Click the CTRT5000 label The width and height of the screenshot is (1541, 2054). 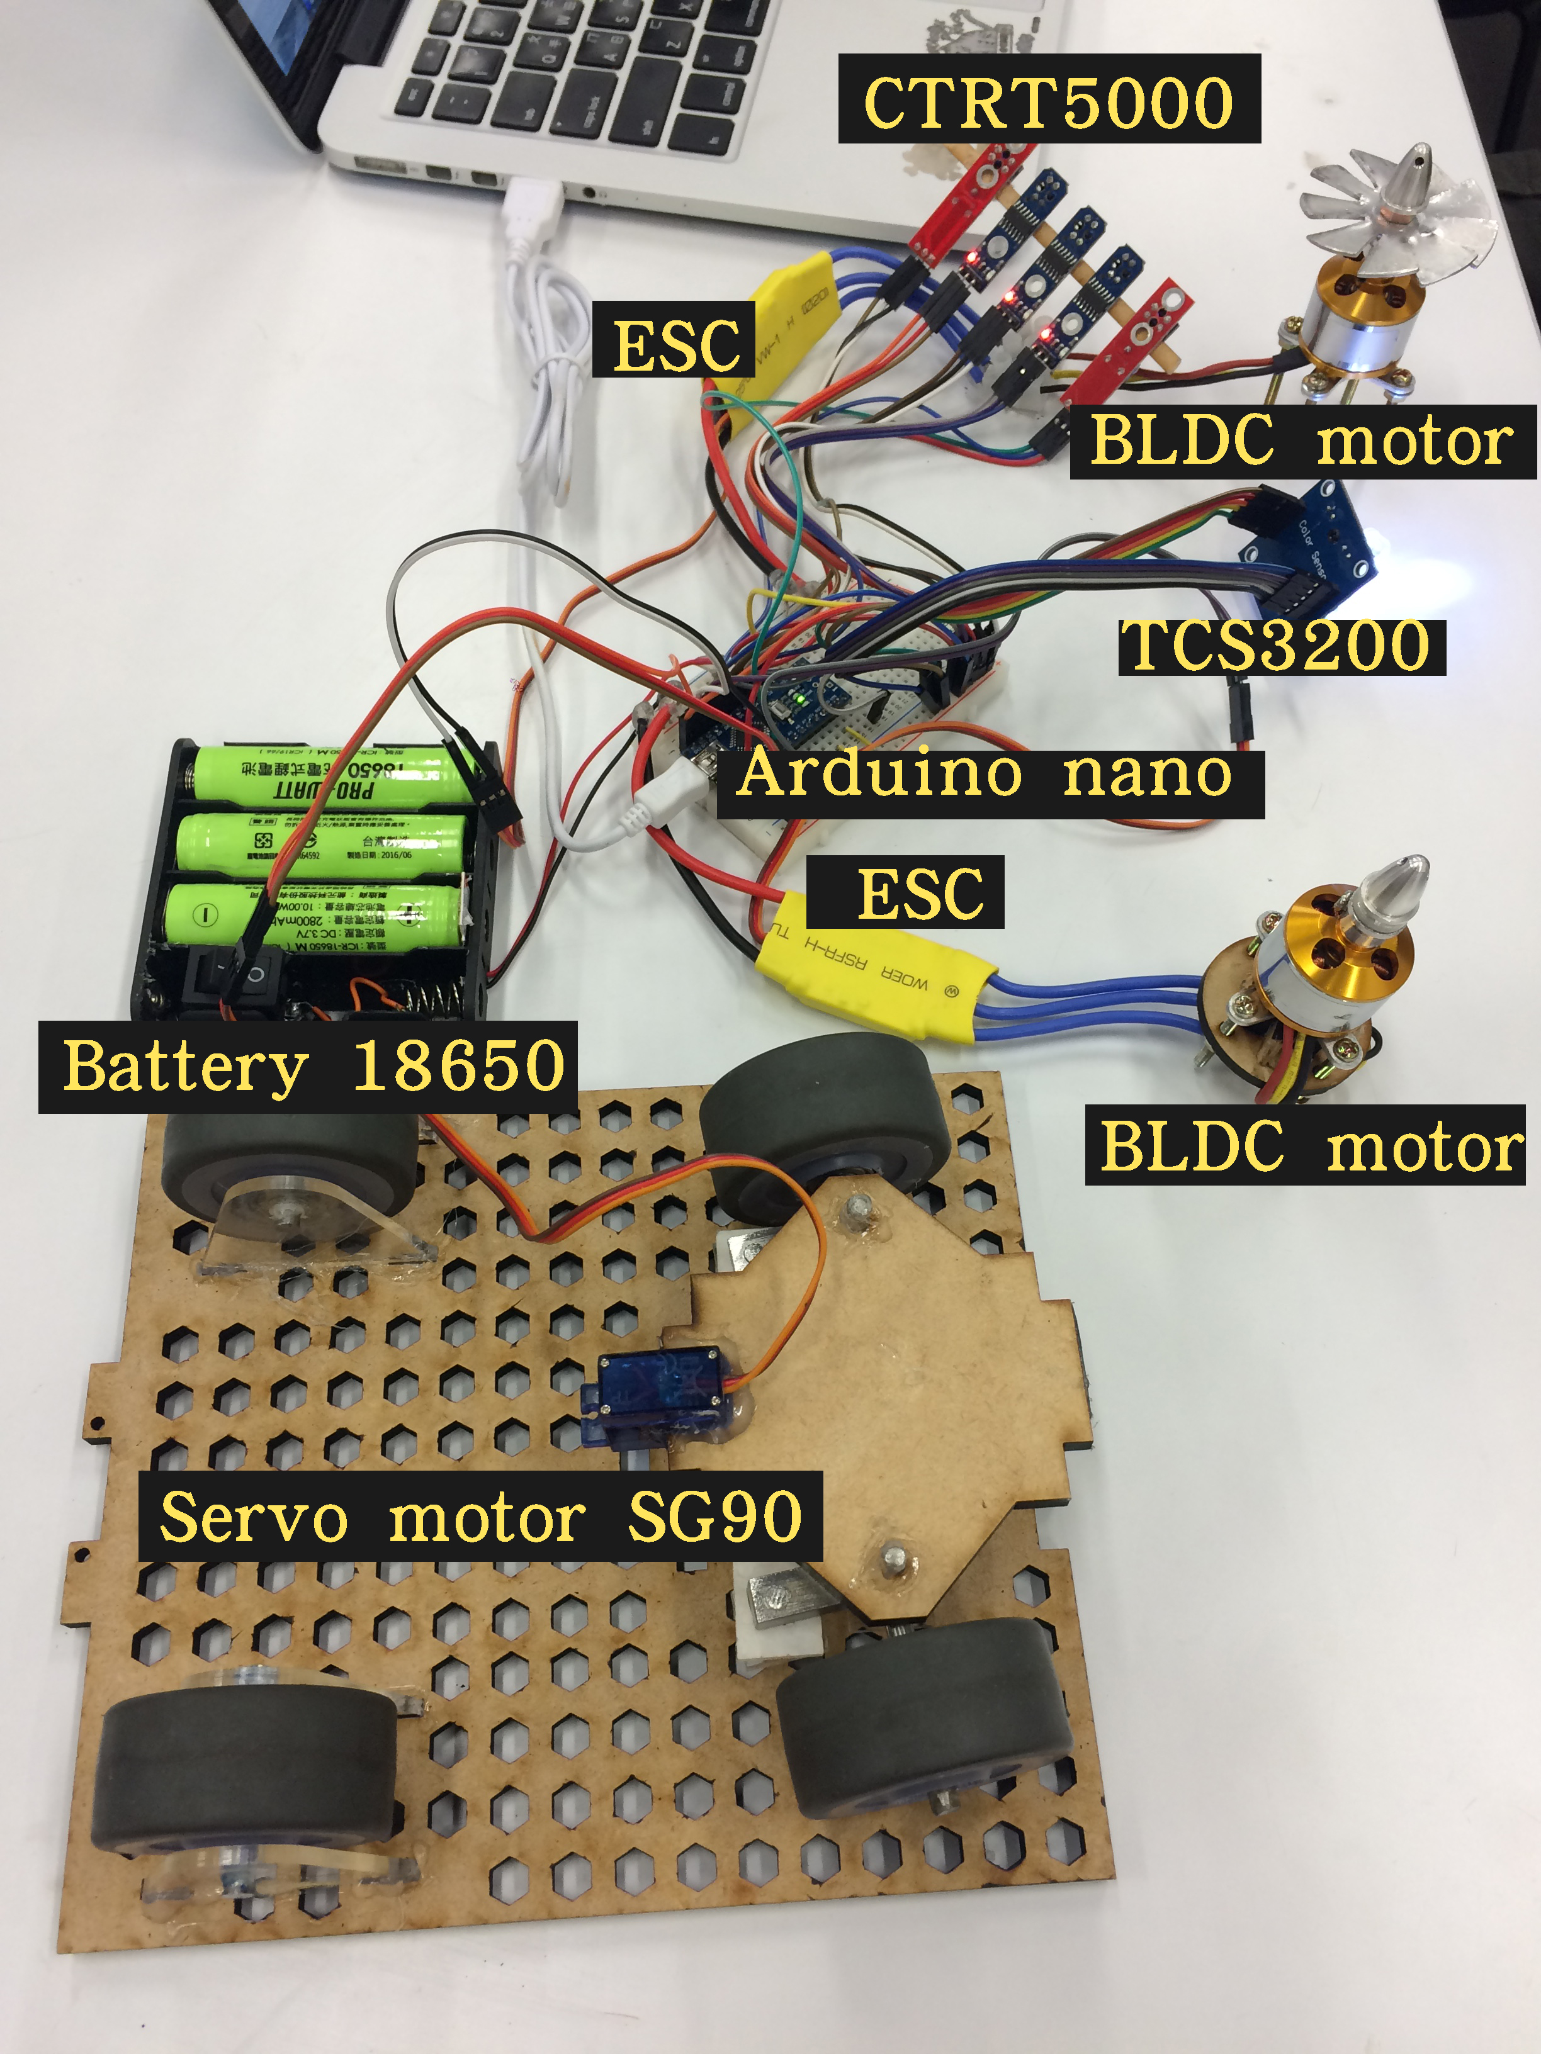1049,99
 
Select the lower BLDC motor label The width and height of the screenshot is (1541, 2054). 1305,1145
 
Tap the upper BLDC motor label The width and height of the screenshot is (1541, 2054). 1302,442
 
